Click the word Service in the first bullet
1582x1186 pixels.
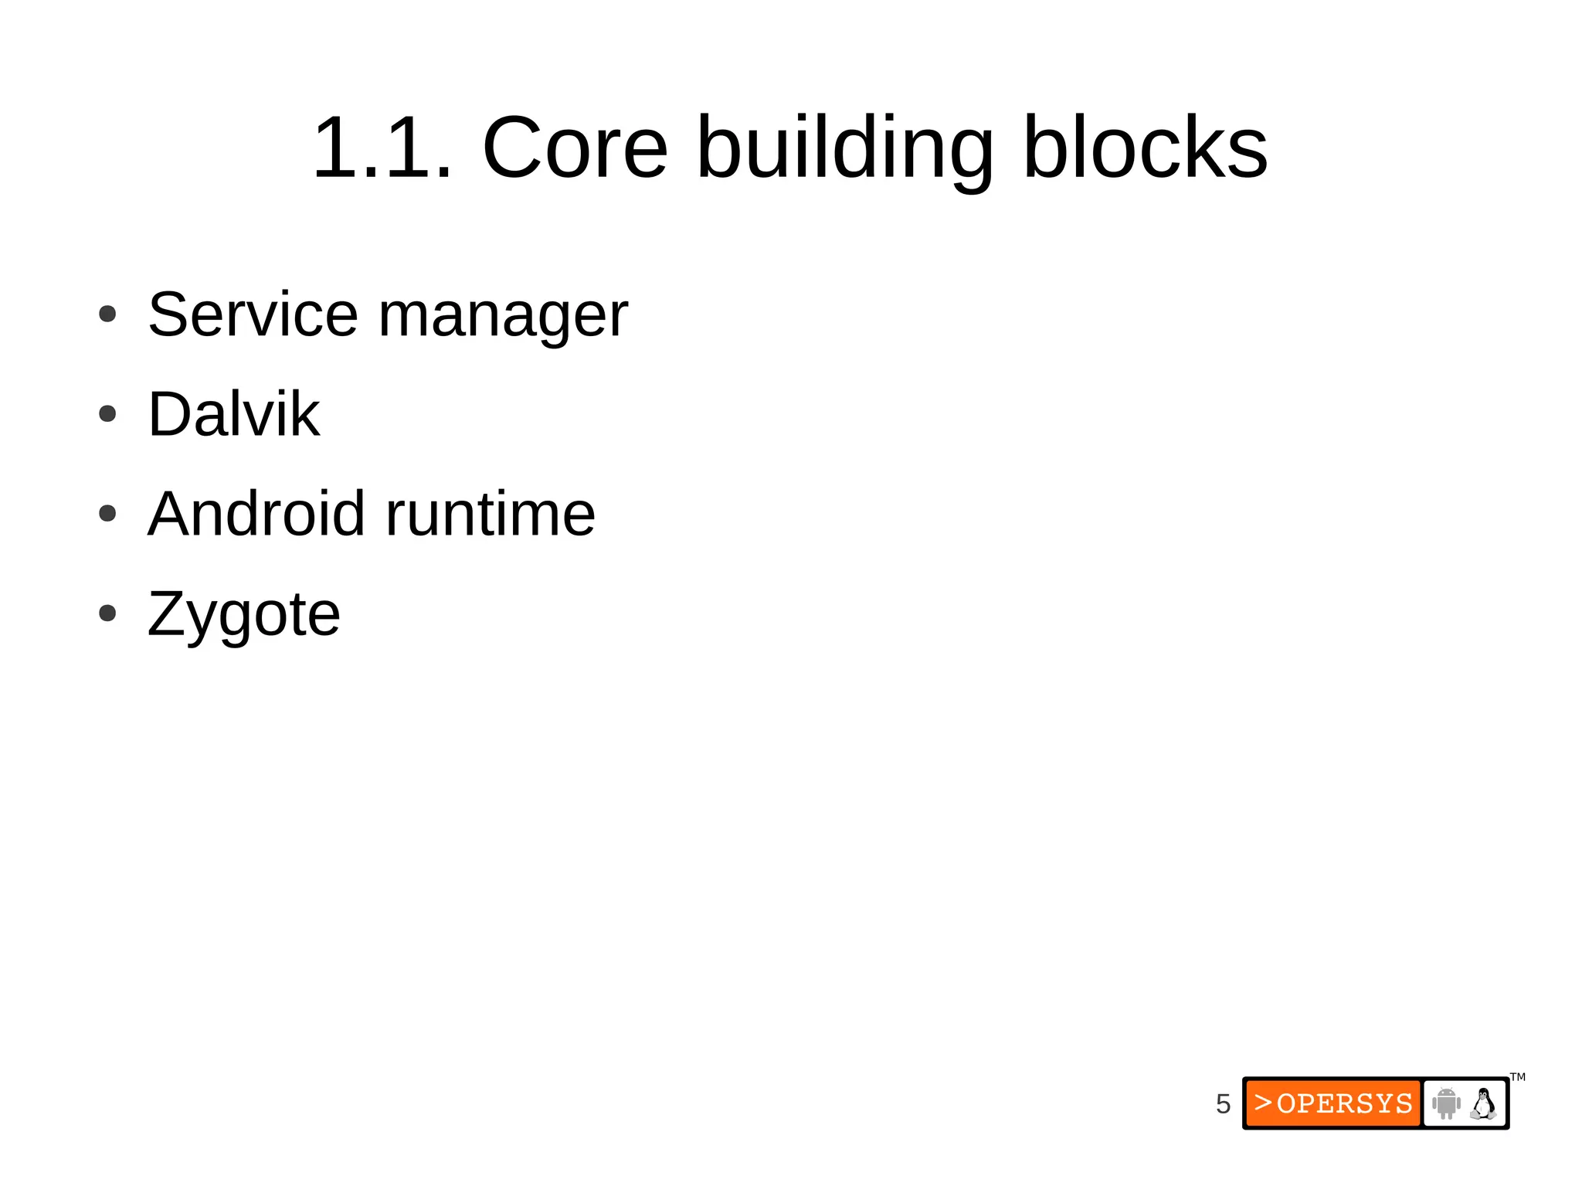(253, 314)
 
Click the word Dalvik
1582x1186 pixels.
(233, 414)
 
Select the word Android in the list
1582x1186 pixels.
(256, 514)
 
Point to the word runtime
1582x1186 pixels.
(491, 514)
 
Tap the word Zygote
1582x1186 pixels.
(243, 614)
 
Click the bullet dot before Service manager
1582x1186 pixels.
(107, 314)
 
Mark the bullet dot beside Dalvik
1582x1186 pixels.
(107, 414)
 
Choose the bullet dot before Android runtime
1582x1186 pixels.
(107, 514)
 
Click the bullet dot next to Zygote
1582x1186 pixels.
(107, 613)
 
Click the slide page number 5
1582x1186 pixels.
(1223, 1103)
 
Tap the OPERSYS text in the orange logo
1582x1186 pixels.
(1345, 1103)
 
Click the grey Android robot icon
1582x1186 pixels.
(1446, 1103)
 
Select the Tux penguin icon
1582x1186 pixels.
(1483, 1103)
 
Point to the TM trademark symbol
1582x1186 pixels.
(1518, 1077)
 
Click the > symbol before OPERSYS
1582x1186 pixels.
(1263, 1103)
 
